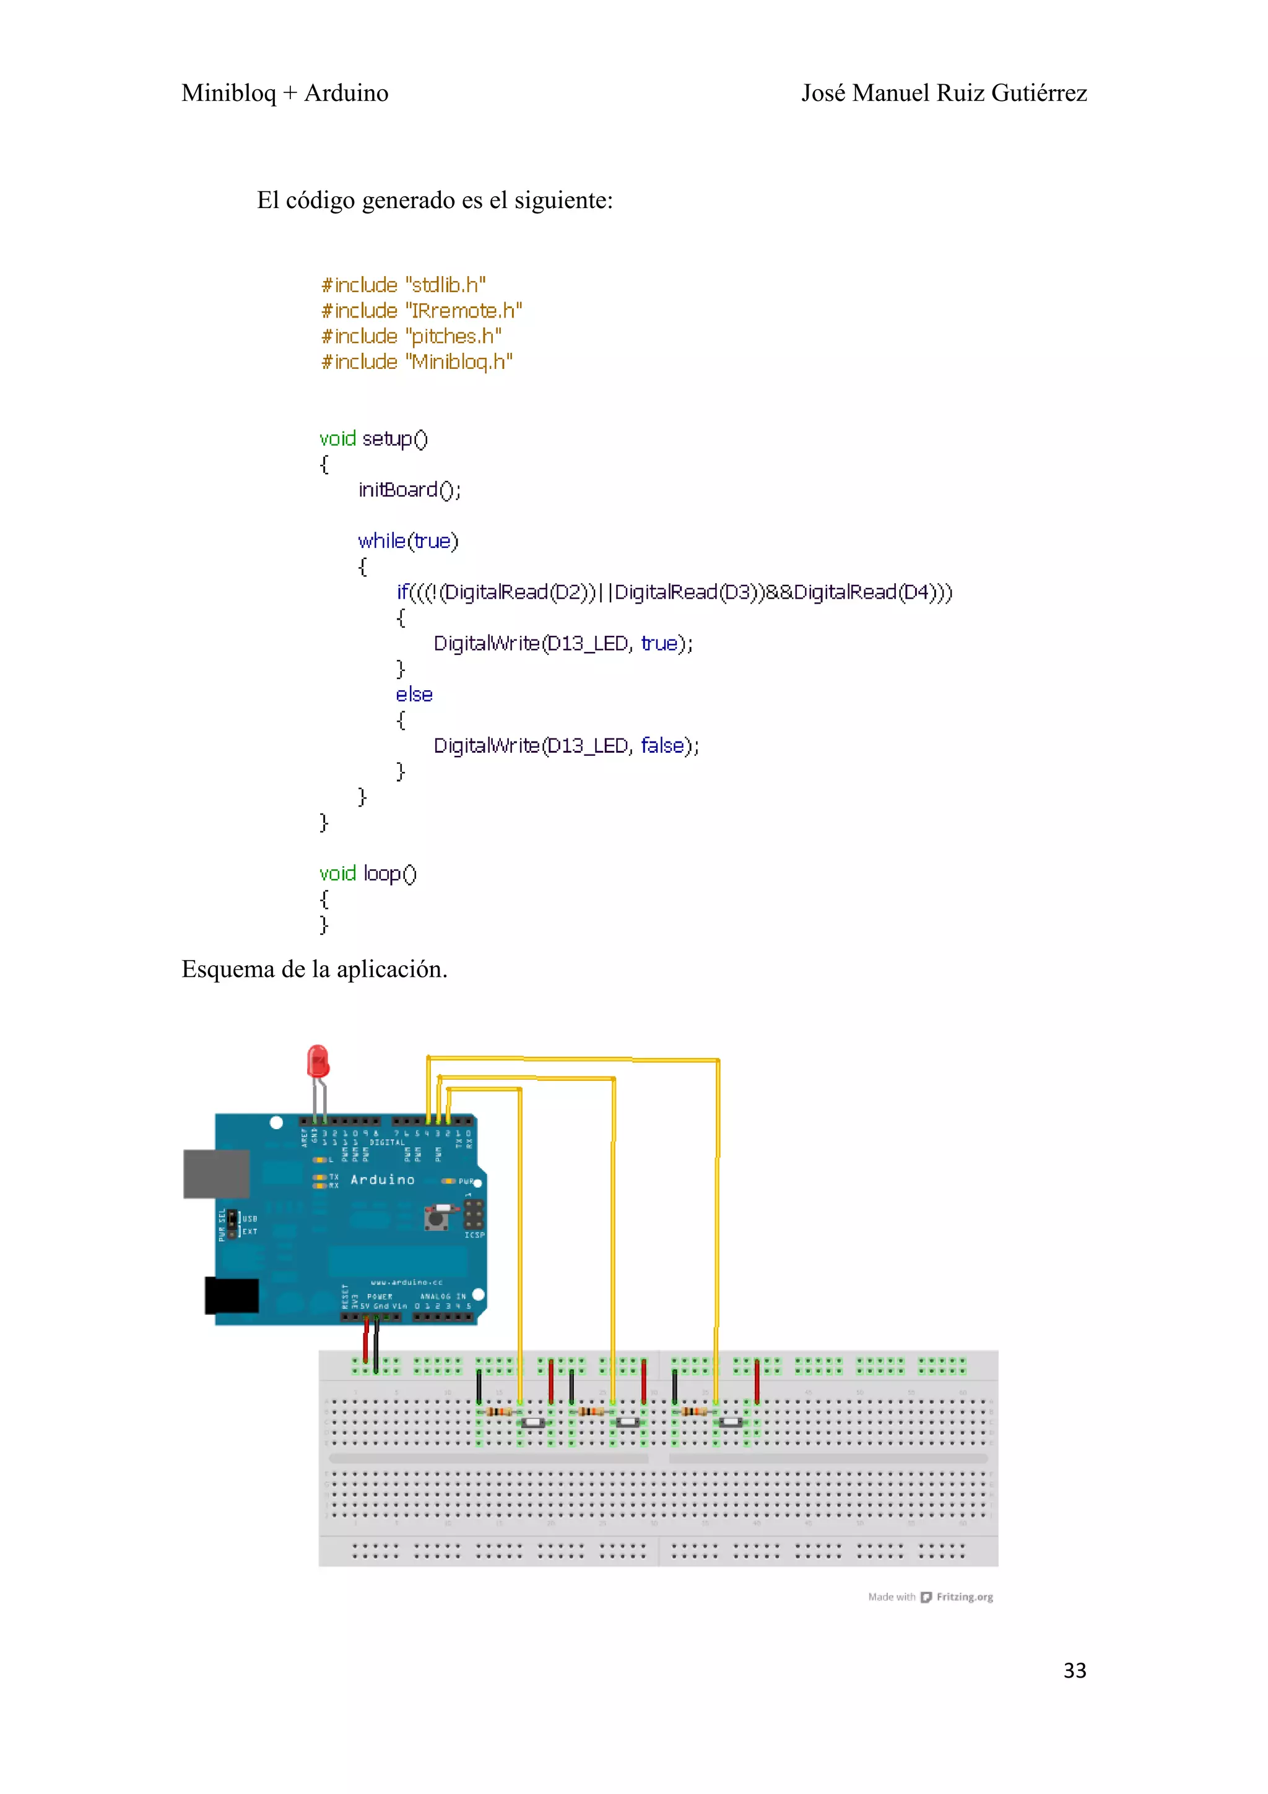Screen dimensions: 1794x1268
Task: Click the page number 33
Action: [1074, 1671]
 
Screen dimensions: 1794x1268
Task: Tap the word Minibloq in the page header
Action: [228, 93]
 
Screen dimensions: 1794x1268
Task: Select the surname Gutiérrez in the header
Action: [1039, 93]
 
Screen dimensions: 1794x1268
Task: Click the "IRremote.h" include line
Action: [421, 311]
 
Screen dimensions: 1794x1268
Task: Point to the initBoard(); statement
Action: [409, 490]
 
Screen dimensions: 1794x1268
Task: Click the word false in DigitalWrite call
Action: [662, 745]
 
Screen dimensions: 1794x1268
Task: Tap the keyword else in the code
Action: [414, 695]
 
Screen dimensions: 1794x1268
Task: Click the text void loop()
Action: [368, 873]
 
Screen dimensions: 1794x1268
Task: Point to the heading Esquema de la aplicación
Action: [314, 969]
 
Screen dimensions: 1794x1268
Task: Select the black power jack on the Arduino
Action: [232, 1296]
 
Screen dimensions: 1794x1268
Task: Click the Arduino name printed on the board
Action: [382, 1180]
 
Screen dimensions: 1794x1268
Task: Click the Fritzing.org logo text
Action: [964, 1597]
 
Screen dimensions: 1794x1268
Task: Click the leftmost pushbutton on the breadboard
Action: [534, 1422]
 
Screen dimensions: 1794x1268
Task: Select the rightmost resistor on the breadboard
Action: [694, 1411]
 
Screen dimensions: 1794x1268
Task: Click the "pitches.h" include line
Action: [411, 336]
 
